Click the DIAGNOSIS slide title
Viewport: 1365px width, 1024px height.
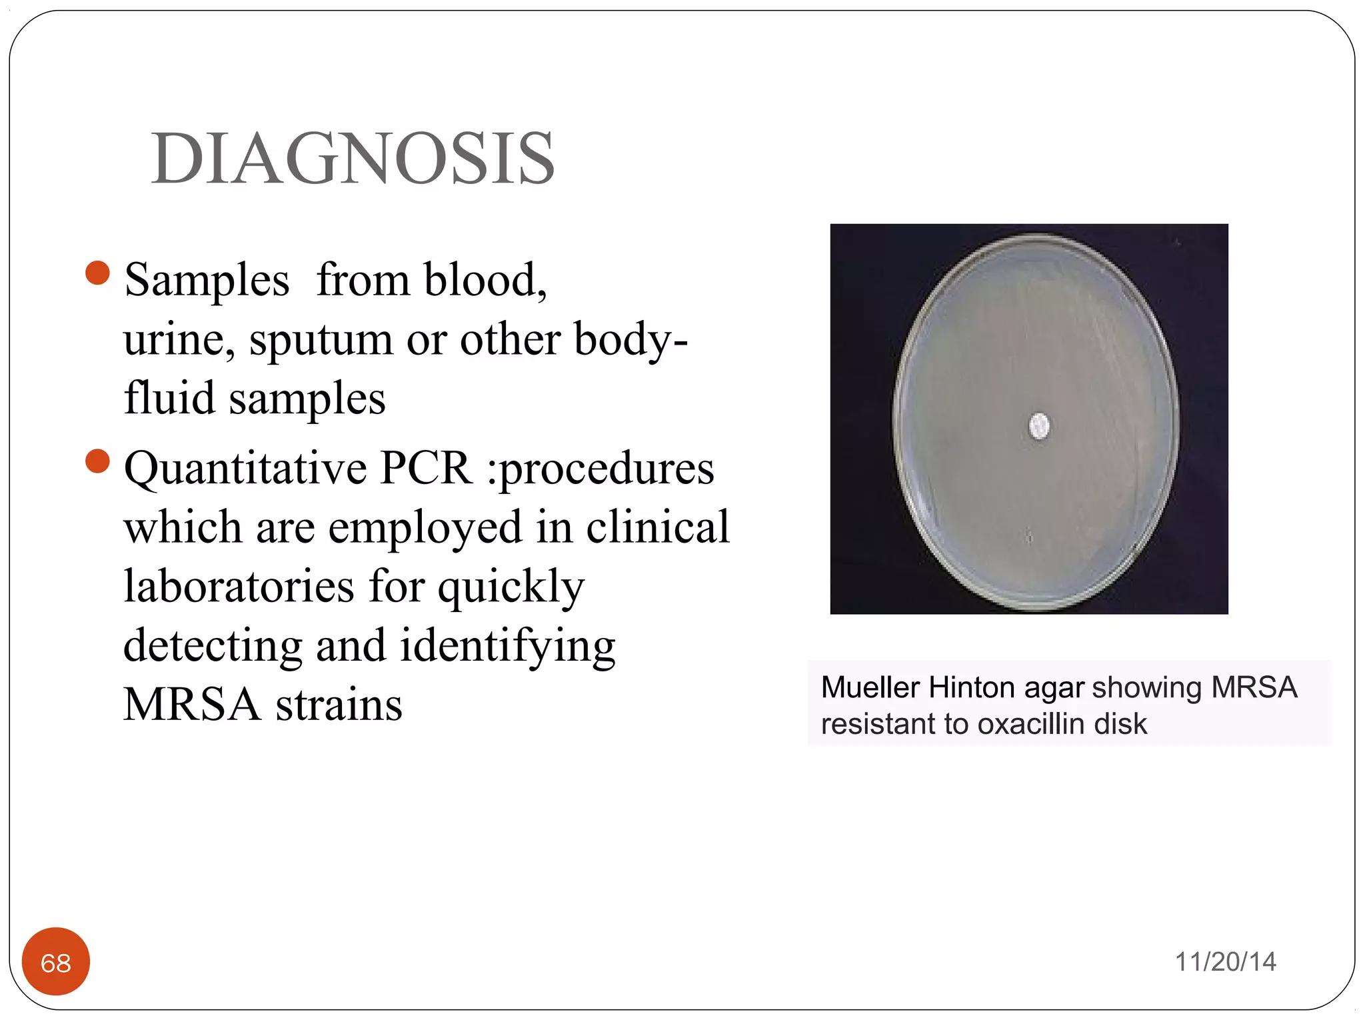[x=353, y=159]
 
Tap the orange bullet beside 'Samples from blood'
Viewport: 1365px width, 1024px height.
[x=97, y=273]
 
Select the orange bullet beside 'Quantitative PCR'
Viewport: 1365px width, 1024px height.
[x=97, y=461]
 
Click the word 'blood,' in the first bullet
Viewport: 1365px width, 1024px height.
[x=485, y=279]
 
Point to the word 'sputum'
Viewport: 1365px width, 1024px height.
[x=321, y=340]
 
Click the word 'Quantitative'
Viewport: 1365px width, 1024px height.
[x=245, y=468]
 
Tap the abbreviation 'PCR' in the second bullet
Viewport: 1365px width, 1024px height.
[x=426, y=468]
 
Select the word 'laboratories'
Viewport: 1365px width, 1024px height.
[x=239, y=586]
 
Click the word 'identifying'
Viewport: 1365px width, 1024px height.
[x=507, y=645]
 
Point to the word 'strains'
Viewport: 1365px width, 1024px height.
[x=339, y=705]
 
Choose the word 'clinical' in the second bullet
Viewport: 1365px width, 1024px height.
[x=658, y=527]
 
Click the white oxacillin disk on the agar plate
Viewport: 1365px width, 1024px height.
[x=1039, y=426]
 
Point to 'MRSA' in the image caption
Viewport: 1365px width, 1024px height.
[x=1254, y=687]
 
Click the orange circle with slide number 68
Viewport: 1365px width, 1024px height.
[x=56, y=962]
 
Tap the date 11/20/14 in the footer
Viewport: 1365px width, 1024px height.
[x=1225, y=962]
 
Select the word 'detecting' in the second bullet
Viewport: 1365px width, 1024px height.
[x=212, y=645]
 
